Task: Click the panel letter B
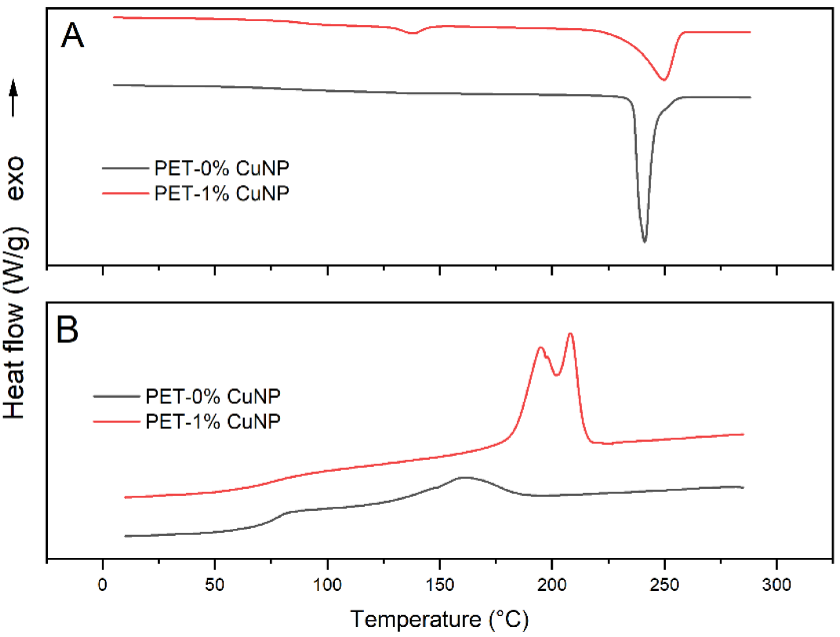(67, 330)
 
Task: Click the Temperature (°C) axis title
(439, 619)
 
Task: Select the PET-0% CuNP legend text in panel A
(221, 168)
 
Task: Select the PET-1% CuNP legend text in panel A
(221, 193)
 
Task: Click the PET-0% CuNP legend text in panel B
(212, 396)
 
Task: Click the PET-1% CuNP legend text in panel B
(212, 421)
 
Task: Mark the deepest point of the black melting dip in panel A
(644, 241)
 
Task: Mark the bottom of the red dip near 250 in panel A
(663, 80)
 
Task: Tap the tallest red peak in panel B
(570, 334)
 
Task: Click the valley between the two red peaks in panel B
(557, 375)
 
